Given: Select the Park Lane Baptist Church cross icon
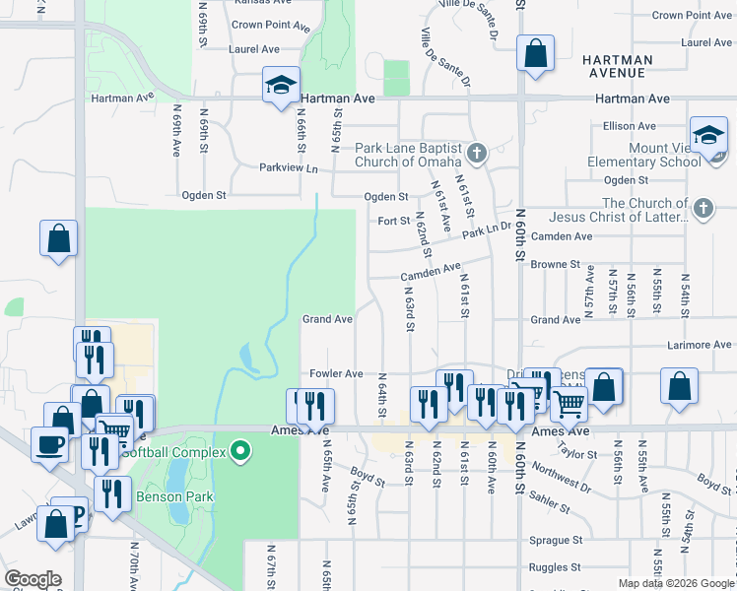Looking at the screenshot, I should click(x=477, y=153).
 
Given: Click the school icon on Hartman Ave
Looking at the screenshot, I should click(x=281, y=86).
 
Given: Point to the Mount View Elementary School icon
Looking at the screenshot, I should click(x=708, y=137).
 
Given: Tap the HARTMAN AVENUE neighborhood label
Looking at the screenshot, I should click(x=618, y=66).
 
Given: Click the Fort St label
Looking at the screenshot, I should click(x=394, y=221).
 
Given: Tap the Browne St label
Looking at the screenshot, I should click(x=556, y=264).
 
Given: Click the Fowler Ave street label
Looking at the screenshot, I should click(x=337, y=374).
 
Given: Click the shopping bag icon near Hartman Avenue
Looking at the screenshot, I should click(x=535, y=55).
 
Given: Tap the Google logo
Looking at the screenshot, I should click(x=33, y=579).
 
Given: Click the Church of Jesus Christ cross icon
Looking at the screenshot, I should click(x=703, y=208).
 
